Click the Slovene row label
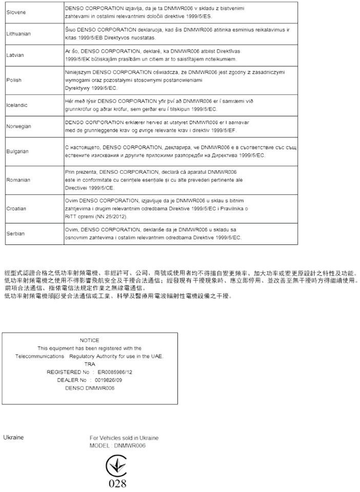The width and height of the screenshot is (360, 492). (x=15, y=11)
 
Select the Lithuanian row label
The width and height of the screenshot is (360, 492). (x=18, y=34)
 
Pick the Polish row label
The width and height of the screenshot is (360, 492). (x=14, y=80)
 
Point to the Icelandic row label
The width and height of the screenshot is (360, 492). (x=17, y=105)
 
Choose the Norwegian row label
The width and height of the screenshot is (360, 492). (x=18, y=126)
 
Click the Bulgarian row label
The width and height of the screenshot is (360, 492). (x=17, y=152)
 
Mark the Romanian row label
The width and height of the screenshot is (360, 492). (x=18, y=180)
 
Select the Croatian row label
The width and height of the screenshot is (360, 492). (x=16, y=209)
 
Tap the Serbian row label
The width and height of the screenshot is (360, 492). (x=15, y=233)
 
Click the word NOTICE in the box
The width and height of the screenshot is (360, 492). (x=90, y=340)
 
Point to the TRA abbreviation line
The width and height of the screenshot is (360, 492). (x=90, y=364)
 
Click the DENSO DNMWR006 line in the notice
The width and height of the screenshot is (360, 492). (x=90, y=388)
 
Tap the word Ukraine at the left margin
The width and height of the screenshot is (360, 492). (x=14, y=438)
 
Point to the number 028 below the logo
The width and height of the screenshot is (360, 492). (x=117, y=483)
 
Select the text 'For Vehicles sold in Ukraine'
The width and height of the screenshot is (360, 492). (x=124, y=438)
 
